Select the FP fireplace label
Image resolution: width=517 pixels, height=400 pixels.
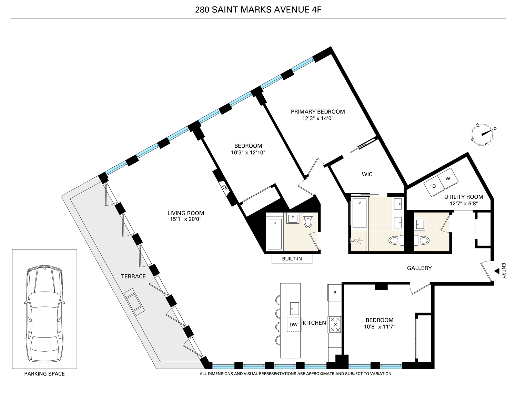[224, 188]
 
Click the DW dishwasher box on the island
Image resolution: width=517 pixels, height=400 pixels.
[293, 324]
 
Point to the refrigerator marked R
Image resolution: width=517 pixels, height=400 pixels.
[335, 293]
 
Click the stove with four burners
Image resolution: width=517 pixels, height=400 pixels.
[335, 325]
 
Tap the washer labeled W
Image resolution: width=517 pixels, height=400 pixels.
[448, 179]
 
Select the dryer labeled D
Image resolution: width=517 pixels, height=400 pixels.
[434, 186]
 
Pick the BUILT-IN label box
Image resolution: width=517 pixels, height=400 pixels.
[292, 259]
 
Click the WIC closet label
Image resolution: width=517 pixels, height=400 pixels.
[367, 174]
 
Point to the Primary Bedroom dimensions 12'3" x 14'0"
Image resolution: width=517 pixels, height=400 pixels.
[318, 118]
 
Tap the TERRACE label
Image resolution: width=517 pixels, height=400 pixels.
[133, 276]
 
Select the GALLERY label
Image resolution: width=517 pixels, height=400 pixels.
[419, 268]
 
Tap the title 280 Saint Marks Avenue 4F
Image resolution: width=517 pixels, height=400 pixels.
[258, 9]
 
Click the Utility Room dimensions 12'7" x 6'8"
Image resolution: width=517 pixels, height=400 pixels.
[464, 203]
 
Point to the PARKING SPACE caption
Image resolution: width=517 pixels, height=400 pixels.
[44, 373]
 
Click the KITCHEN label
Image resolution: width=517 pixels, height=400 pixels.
[314, 323]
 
